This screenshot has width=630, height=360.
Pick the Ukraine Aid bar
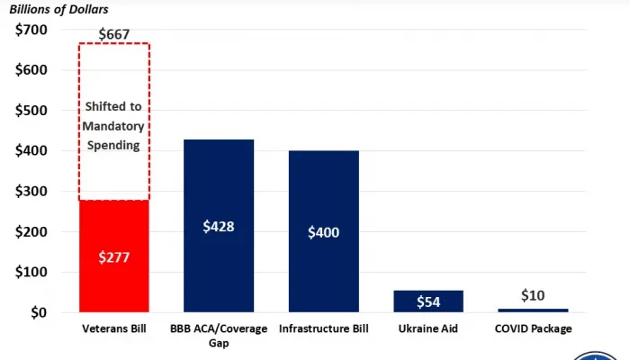coord(428,301)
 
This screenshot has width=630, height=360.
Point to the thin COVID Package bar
coord(533,310)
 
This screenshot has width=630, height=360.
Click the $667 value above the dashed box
coord(113,35)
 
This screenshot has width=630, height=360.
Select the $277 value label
coord(113,257)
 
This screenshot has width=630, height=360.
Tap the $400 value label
coord(323,232)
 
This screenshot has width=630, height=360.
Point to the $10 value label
coord(533,295)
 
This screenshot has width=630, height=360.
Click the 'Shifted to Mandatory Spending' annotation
coord(113,125)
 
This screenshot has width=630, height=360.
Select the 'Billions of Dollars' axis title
coord(59,9)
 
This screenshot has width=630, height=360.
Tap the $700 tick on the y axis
coord(34,30)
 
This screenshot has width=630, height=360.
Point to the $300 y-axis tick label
coord(34,191)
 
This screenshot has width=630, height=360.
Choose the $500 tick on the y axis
coord(34,111)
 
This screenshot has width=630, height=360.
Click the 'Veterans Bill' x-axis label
coord(113,328)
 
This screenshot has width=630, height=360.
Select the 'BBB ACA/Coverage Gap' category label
coord(219,335)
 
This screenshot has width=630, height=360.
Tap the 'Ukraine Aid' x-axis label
coord(428,328)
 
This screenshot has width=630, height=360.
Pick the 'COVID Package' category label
coord(533,328)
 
